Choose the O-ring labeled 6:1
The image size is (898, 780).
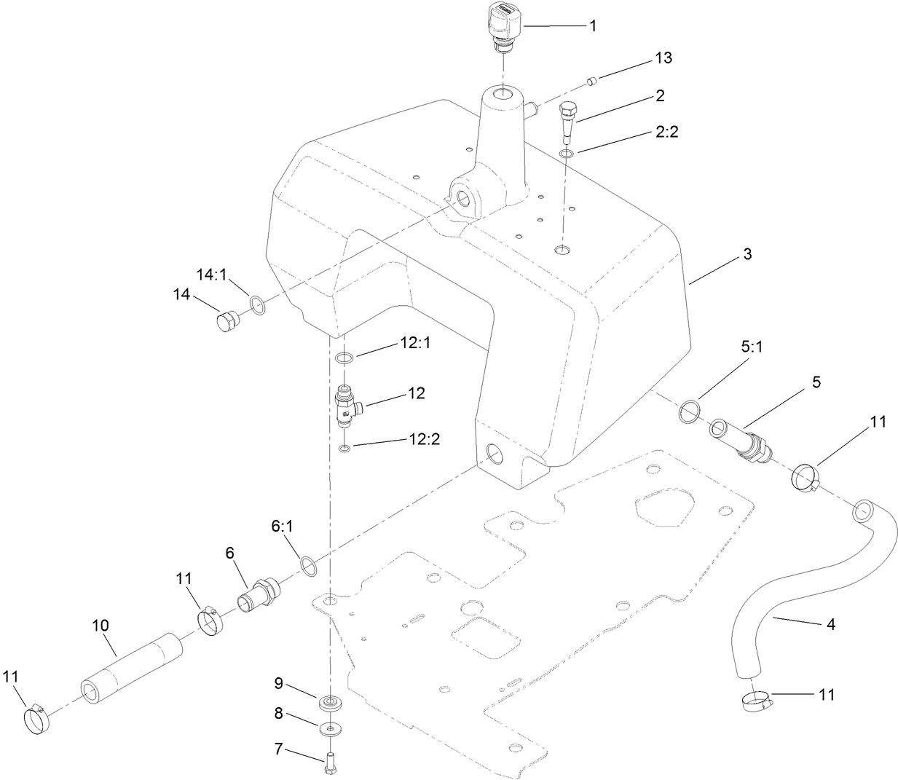[308, 566]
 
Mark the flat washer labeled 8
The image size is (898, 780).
[331, 727]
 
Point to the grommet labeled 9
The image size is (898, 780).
[331, 704]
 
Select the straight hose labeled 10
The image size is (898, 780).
[131, 669]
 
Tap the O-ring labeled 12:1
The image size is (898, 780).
[344, 358]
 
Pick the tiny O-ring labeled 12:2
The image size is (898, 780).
[344, 447]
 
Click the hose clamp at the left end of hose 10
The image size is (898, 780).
[36, 718]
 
